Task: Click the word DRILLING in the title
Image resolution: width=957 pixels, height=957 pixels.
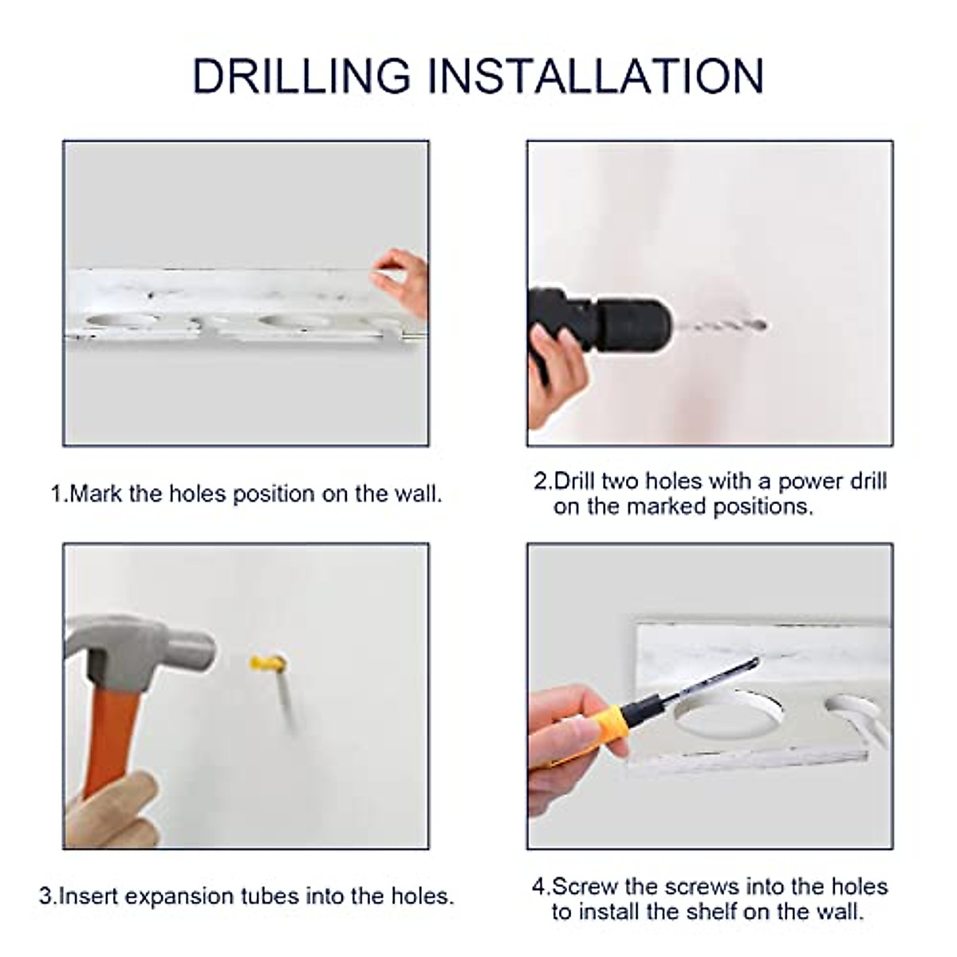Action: [x=301, y=76]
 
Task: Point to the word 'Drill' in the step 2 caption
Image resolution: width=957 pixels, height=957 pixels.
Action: [x=574, y=481]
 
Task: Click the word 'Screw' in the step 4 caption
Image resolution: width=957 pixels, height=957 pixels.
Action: [x=585, y=887]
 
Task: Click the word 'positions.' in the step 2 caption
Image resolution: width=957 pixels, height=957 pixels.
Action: [x=763, y=507]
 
